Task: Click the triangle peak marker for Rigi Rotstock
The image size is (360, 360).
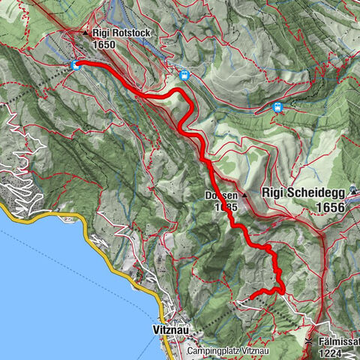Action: (86, 33)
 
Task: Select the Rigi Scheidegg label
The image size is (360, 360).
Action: (303, 192)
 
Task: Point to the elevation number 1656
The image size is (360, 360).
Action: (328, 207)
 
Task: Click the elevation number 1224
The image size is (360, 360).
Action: (331, 352)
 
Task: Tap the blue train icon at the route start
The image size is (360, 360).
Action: (74, 65)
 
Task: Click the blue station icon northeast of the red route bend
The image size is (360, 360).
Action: (184, 75)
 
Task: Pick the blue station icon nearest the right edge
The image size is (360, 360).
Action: (278, 107)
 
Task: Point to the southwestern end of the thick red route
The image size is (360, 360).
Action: (250, 297)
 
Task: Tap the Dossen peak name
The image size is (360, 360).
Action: (220, 195)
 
